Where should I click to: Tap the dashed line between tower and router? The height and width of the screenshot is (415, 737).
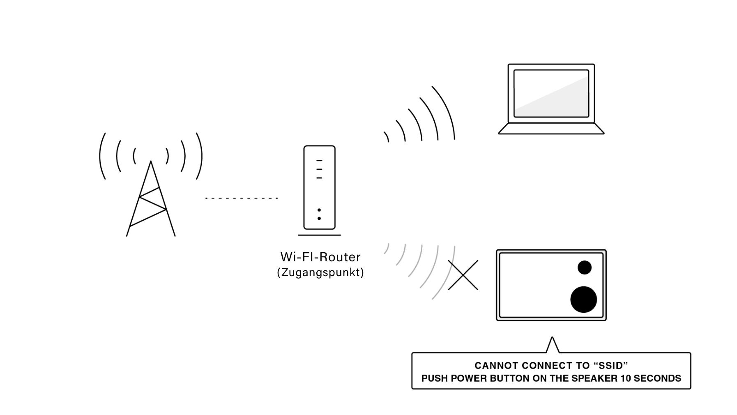(242, 198)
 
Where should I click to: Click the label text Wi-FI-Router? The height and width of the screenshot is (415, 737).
(320, 257)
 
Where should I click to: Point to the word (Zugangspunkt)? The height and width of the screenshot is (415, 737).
(320, 272)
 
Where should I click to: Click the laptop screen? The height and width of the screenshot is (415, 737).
(551, 93)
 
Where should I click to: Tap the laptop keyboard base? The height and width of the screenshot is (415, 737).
(551, 129)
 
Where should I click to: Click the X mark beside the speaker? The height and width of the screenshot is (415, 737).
(463, 275)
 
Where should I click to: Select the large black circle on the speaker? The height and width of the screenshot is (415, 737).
(583, 299)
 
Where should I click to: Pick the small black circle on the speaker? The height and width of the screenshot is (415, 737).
(584, 267)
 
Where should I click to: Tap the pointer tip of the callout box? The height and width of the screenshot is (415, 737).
(553, 337)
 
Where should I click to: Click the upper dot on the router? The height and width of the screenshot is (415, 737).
(319, 210)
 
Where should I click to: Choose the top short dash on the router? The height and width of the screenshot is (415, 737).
(319, 161)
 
